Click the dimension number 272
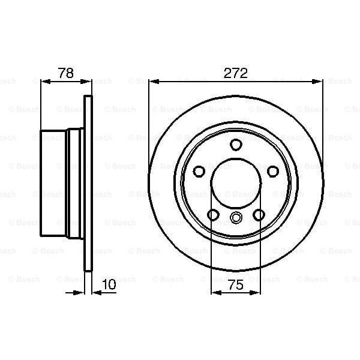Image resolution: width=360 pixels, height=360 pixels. pyautogui.click(x=236, y=73)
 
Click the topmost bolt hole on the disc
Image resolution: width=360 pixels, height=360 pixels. pyautogui.click(x=236, y=144)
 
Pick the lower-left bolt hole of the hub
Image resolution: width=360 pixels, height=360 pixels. pyautogui.click(x=212, y=214)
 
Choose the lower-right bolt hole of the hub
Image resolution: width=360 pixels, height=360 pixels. pyautogui.click(x=259, y=214)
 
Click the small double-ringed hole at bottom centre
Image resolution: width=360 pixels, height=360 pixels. pyautogui.click(x=236, y=218)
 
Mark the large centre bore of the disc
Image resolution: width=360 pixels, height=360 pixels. pyautogui.click(x=236, y=183)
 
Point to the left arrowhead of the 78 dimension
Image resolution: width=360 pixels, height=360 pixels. pyautogui.click(x=44, y=81)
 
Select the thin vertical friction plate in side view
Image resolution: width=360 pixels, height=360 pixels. pyautogui.click(x=89, y=183)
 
